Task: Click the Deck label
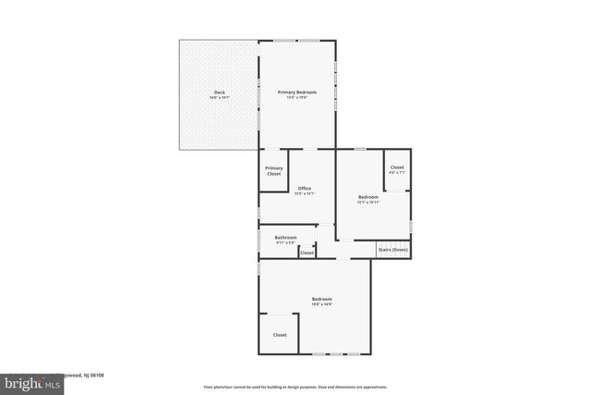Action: pyautogui.click(x=219, y=92)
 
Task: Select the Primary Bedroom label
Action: pyautogui.click(x=297, y=92)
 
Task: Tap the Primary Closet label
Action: pyautogui.click(x=274, y=170)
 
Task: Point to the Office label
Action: pyautogui.click(x=304, y=188)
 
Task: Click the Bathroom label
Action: pyautogui.click(x=285, y=238)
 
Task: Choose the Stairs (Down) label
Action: pyautogui.click(x=392, y=250)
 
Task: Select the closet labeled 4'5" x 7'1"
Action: pyautogui.click(x=397, y=167)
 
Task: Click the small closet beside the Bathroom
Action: pyautogui.click(x=307, y=252)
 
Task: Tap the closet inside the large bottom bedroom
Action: pyautogui.click(x=279, y=335)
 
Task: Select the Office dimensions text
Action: pyautogui.click(x=304, y=193)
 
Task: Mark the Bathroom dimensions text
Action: pyautogui.click(x=285, y=243)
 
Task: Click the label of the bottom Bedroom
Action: pyautogui.click(x=321, y=298)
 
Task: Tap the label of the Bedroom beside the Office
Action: pyautogui.click(x=368, y=196)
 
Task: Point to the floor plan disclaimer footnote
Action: pyautogui.click(x=295, y=387)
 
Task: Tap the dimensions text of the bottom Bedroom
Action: pyautogui.click(x=321, y=303)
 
